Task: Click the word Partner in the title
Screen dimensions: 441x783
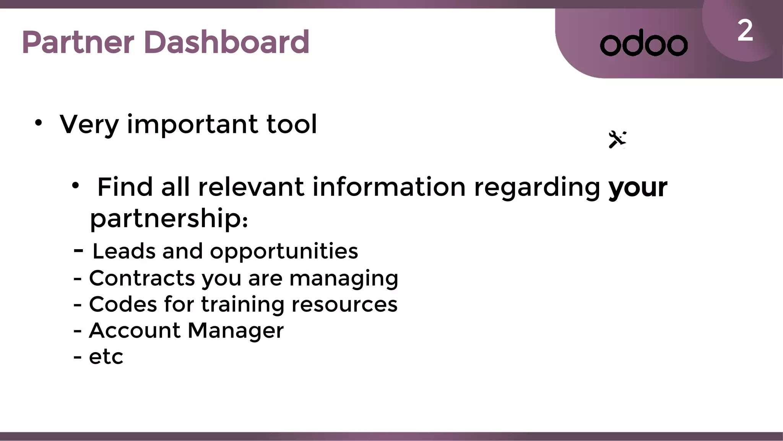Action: [78, 42]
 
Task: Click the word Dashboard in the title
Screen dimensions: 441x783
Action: [226, 42]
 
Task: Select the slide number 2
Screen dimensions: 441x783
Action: [745, 31]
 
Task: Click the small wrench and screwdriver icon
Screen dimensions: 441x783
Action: [617, 139]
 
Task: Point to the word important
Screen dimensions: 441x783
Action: [192, 124]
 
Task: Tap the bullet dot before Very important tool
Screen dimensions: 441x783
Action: [38, 123]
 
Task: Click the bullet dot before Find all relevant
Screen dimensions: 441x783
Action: [76, 186]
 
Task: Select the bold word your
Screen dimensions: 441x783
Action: [638, 188]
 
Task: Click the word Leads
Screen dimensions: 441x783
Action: [124, 251]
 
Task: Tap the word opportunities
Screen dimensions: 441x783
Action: [284, 252]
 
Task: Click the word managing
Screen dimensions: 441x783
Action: [344, 279]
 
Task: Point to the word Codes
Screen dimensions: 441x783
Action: [123, 304]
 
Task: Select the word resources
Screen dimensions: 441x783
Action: [344, 305]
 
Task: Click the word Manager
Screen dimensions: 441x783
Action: [236, 331]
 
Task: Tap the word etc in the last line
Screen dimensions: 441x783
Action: [106, 357]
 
